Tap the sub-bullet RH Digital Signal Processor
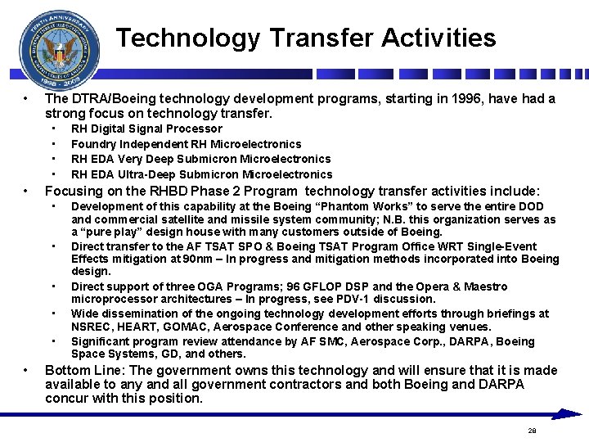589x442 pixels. (146, 129)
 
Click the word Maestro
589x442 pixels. (482, 286)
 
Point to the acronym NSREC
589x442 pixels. (92, 326)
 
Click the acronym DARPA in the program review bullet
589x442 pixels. (464, 341)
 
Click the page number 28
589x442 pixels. (532, 430)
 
